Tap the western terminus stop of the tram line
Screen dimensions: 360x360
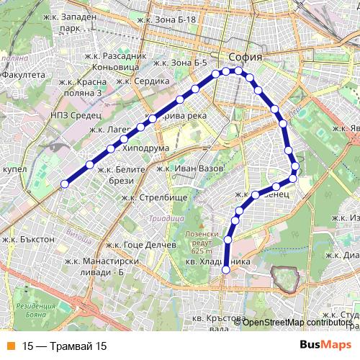click(64, 184)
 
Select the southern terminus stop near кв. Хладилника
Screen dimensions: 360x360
click(225, 270)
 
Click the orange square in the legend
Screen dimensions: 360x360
click(11, 346)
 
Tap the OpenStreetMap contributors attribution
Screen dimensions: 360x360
click(297, 322)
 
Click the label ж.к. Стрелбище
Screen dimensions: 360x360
click(154, 197)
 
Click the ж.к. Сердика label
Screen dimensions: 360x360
click(145, 81)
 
